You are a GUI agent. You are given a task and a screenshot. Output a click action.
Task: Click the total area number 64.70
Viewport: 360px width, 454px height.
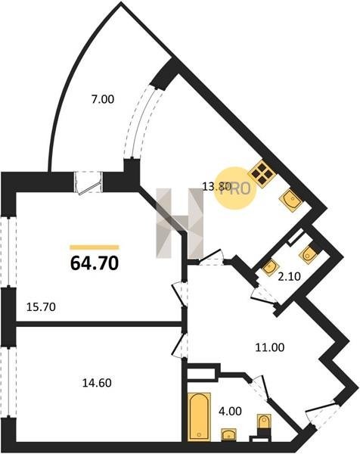(x=95, y=263)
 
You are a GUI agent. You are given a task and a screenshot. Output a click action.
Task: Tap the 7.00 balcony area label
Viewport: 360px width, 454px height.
(x=103, y=99)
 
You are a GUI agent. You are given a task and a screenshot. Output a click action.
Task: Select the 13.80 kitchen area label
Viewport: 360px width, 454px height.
(x=216, y=186)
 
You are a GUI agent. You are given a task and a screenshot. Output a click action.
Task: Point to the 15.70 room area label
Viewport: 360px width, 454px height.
(x=41, y=306)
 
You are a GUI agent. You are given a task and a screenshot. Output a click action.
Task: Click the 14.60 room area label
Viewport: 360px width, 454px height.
(x=97, y=383)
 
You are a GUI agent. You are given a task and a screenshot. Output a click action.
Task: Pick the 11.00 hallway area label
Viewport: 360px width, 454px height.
(x=270, y=347)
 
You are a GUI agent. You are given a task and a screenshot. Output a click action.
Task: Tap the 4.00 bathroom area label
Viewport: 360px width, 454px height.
(x=231, y=411)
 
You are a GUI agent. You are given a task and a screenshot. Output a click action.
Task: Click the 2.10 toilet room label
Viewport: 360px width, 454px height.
(x=289, y=277)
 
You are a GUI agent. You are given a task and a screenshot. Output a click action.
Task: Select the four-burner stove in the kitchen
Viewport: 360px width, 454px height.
(x=261, y=174)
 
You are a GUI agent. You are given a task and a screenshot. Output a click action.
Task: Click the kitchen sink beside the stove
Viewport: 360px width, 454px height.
(x=291, y=200)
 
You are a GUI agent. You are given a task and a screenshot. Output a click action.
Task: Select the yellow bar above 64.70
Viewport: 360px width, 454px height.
(x=95, y=247)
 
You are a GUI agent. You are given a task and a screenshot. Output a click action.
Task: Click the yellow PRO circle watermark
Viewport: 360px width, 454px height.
(x=235, y=188)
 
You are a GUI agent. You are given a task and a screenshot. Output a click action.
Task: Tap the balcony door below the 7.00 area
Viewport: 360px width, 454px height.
(x=88, y=182)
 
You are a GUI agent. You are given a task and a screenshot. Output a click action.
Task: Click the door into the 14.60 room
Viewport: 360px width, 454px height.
(x=180, y=344)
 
